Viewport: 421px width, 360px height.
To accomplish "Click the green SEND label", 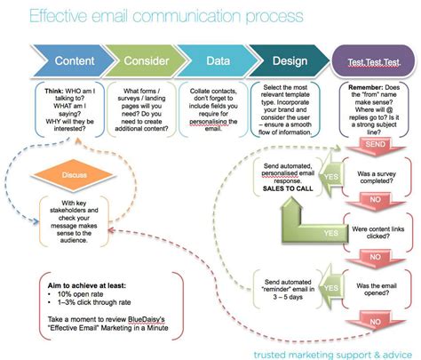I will pyautogui.click(x=374, y=141).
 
